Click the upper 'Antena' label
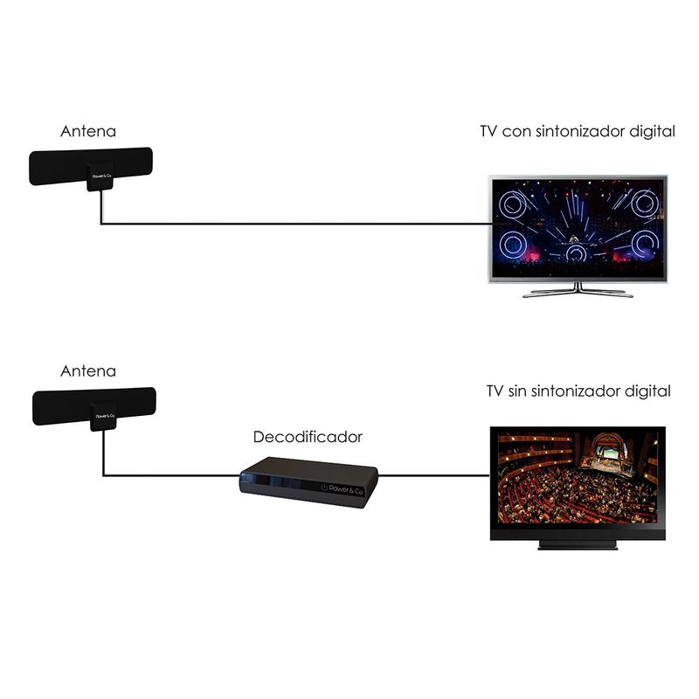(88, 133)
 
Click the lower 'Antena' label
(88, 371)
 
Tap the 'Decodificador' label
(308, 436)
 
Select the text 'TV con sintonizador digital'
(578, 132)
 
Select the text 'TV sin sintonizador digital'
(578, 391)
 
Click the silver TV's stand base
(578, 292)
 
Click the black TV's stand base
(578, 544)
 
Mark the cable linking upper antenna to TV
(288, 225)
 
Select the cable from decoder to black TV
(433, 476)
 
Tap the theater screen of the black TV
(578, 476)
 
